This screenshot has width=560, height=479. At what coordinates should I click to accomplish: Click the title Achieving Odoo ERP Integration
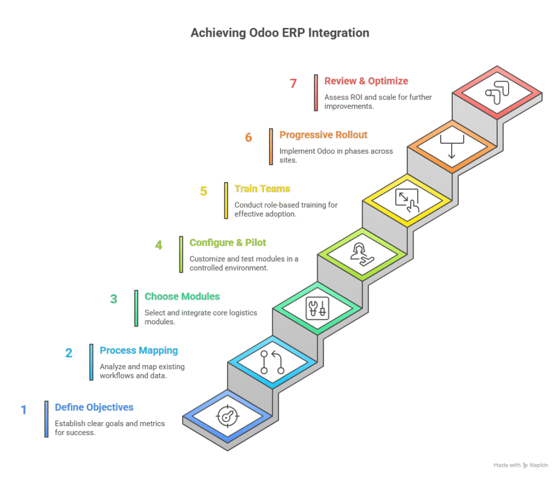pyautogui.click(x=280, y=33)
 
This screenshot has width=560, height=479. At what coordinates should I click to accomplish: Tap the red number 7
pyautogui.click(x=293, y=83)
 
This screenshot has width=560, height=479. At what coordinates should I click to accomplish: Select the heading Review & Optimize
pyautogui.click(x=366, y=81)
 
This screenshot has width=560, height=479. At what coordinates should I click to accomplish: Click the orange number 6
pyautogui.click(x=249, y=137)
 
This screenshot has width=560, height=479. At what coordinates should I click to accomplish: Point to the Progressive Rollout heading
pyautogui.click(x=323, y=135)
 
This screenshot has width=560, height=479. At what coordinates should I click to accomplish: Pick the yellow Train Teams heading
pyautogui.click(x=262, y=189)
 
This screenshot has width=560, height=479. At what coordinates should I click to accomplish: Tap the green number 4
pyautogui.click(x=159, y=245)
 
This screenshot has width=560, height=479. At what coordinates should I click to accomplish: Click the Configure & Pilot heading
pyautogui.click(x=228, y=243)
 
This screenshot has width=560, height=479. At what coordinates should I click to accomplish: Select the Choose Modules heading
pyautogui.click(x=182, y=296)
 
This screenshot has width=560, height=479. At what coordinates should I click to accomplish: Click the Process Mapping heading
pyautogui.click(x=139, y=351)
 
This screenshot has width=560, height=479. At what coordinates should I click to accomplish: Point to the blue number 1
pyautogui.click(x=24, y=410)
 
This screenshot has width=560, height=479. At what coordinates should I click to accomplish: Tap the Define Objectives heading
pyautogui.click(x=94, y=407)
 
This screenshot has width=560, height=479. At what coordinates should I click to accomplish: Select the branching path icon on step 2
pyautogui.click(x=272, y=362)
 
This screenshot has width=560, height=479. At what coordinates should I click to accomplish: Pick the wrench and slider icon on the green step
pyautogui.click(x=318, y=308)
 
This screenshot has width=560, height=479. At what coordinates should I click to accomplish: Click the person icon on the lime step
pyautogui.click(x=362, y=255)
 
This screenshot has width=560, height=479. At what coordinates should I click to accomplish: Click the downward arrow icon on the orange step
pyautogui.click(x=452, y=147)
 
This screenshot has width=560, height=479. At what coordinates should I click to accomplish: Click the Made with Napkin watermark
pyautogui.click(x=521, y=465)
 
